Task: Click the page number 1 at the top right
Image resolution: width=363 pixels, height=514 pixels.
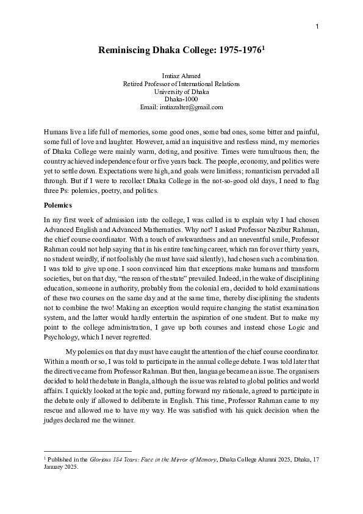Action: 318,26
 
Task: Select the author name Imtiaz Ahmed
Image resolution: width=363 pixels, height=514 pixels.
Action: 181,76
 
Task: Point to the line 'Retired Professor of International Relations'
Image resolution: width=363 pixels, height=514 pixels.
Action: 181,84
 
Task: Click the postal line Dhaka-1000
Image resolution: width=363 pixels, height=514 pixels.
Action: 181,99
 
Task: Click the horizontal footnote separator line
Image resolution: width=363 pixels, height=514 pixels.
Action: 88,452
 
